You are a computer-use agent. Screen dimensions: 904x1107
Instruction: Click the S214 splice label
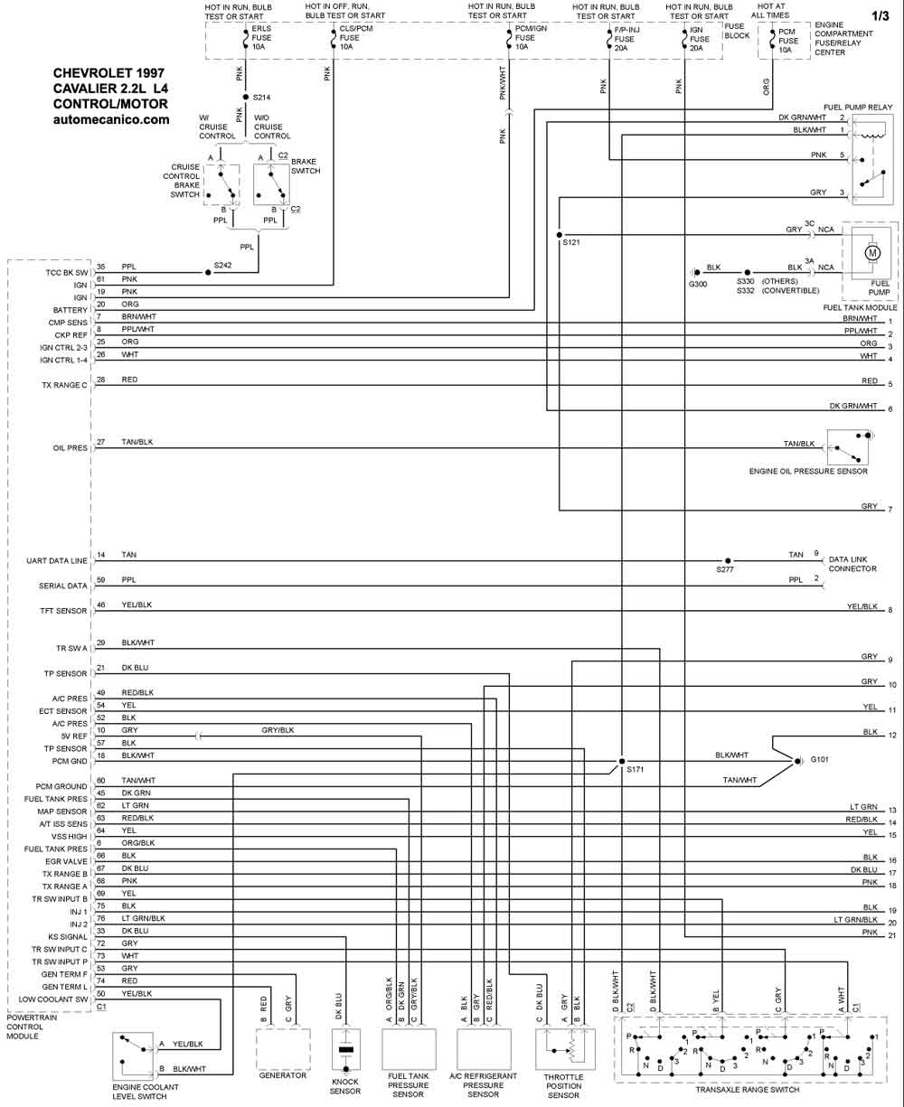pos(261,98)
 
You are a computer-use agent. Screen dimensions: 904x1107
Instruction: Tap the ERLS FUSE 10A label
pos(261,38)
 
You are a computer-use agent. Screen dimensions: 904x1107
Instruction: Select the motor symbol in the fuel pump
pos(872,253)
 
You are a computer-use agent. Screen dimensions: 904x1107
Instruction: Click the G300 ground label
pos(698,284)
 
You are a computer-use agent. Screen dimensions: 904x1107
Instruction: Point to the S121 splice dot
pos(559,235)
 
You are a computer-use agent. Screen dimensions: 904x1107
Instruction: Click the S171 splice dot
pos(622,761)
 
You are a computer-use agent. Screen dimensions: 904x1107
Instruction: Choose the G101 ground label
pos(820,759)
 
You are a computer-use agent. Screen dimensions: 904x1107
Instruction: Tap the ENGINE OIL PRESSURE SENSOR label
pos(808,472)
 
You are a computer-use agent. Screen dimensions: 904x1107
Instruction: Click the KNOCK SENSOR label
pos(345,1086)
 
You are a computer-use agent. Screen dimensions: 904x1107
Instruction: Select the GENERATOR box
pos(283,1050)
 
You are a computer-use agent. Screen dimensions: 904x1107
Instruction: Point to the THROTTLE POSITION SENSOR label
pos(563,1086)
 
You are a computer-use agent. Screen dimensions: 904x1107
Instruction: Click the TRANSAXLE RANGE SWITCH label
pos(747,1090)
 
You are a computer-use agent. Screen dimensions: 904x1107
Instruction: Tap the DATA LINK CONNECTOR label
pos(852,564)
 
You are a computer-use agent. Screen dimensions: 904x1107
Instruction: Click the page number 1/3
pos(880,16)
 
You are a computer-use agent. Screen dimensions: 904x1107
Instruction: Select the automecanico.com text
pos(111,119)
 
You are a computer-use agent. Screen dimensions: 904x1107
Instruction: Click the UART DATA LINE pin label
pos(57,560)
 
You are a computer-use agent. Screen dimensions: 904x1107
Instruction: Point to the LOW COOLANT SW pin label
pos(53,999)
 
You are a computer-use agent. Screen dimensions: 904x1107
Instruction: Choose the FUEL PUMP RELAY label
pos(858,107)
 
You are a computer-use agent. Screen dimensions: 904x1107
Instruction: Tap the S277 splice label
pos(725,569)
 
